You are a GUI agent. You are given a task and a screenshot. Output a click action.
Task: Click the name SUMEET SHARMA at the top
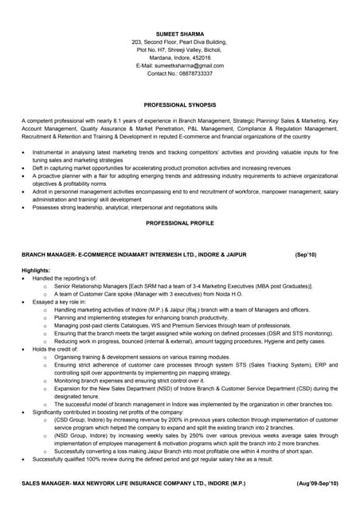pyautogui.click(x=179, y=33)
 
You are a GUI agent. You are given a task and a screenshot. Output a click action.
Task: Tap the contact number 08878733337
pyautogui.click(x=196, y=73)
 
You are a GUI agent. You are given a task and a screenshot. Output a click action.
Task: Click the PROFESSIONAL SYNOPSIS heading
pyautogui.click(x=179, y=104)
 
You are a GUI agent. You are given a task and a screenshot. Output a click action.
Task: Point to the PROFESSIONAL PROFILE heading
pyautogui.click(x=179, y=223)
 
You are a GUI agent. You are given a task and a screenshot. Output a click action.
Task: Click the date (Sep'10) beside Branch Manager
pyautogui.click(x=305, y=254)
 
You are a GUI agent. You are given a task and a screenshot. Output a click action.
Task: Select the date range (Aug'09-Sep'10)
pyautogui.click(x=316, y=484)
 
